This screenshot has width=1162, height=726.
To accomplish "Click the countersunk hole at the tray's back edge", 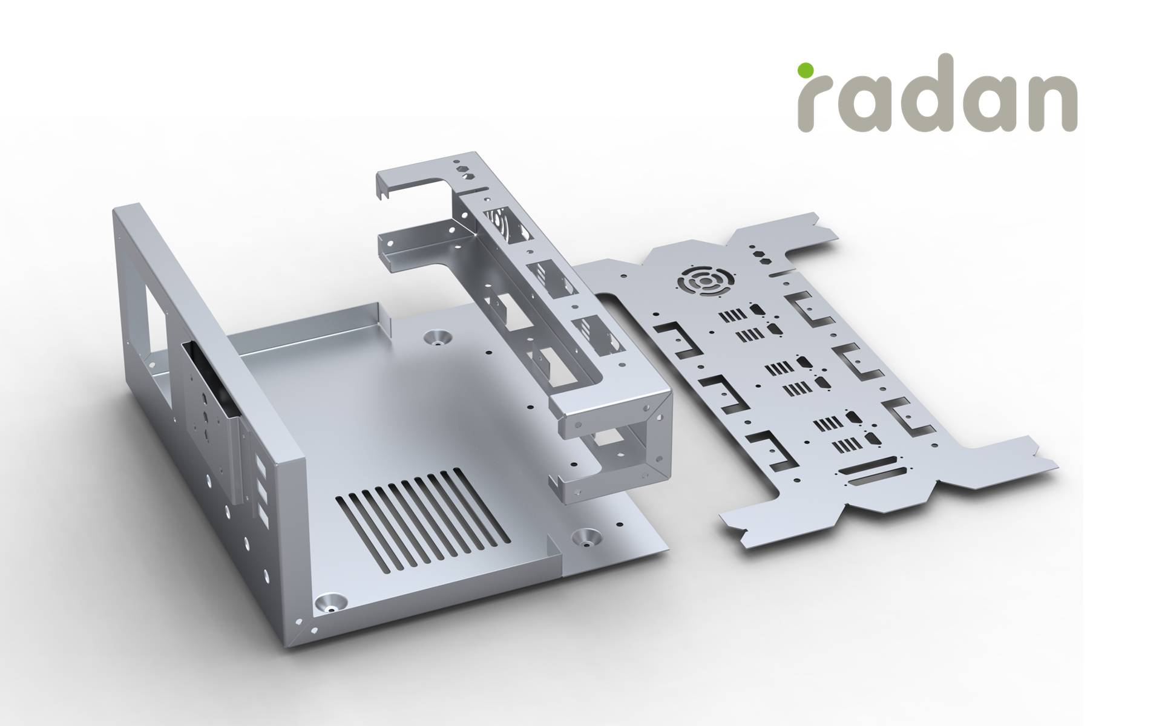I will pos(439,337).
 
